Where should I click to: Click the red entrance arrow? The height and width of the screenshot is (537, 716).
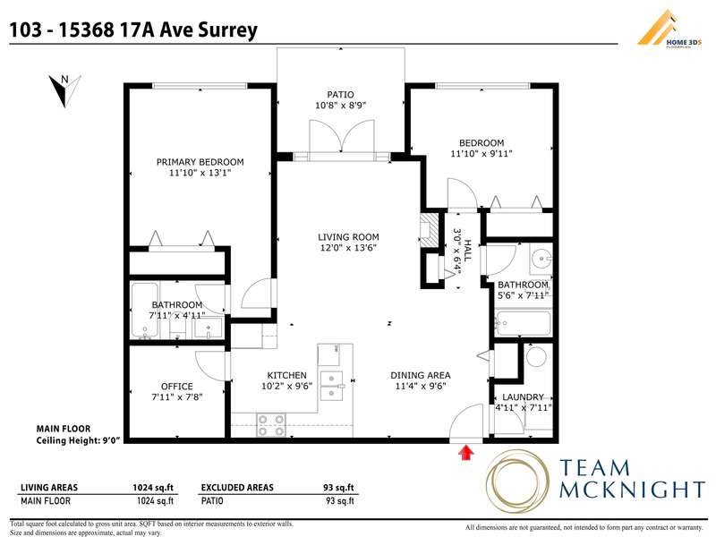coord(465,453)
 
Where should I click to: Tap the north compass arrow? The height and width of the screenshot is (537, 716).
coord(64,90)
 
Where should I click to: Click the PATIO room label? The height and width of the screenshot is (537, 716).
coord(340,95)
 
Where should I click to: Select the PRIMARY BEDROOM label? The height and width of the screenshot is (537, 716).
coord(200,162)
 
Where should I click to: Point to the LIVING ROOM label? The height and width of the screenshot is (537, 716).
coord(348,237)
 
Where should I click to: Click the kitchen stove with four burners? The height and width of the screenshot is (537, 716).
coord(271,424)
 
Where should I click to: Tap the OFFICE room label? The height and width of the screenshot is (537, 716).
coord(176,387)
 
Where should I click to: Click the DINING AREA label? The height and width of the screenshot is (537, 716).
coord(420,375)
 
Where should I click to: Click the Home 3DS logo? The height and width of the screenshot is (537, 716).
coord(669,29)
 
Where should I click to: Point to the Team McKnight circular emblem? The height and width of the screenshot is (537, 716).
coord(518,482)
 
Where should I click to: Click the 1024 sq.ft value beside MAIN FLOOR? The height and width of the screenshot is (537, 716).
coord(155,501)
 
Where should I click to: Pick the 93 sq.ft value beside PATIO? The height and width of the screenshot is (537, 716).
coord(340,501)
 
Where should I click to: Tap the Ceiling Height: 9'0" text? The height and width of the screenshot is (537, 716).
coord(78,440)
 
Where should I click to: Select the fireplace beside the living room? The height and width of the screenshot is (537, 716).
coord(430,230)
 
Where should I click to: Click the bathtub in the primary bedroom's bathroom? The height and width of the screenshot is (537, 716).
coord(145,311)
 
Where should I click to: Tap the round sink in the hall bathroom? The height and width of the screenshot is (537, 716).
coord(541,260)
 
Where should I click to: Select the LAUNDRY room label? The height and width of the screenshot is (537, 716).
coord(523,397)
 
